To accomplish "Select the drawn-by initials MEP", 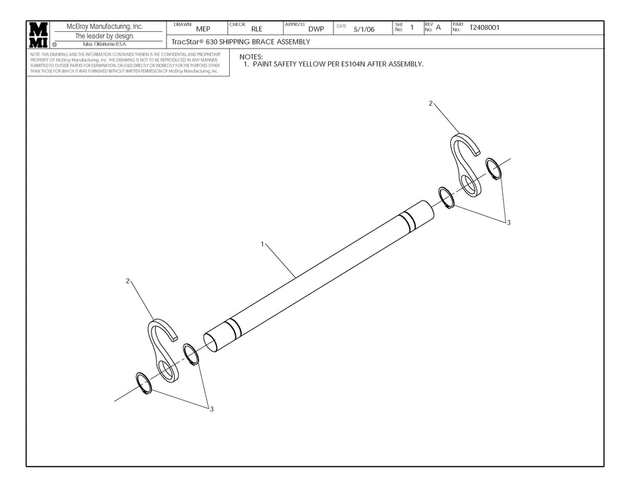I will tap(203, 29).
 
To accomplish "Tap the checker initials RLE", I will tap(256, 29).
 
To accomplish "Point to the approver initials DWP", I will tap(316, 29).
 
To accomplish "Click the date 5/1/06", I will tap(364, 29).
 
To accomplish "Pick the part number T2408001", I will tap(485, 28).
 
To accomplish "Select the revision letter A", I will tap(438, 28).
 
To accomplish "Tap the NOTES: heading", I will tap(251, 57).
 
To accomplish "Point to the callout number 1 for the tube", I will tap(263, 245).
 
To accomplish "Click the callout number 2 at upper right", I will tap(430, 104).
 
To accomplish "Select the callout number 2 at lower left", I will tap(128, 281).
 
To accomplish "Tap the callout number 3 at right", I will tap(508, 222).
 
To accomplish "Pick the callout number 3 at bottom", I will tap(212, 409).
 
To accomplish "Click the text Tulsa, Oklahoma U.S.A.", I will tap(100, 44).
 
